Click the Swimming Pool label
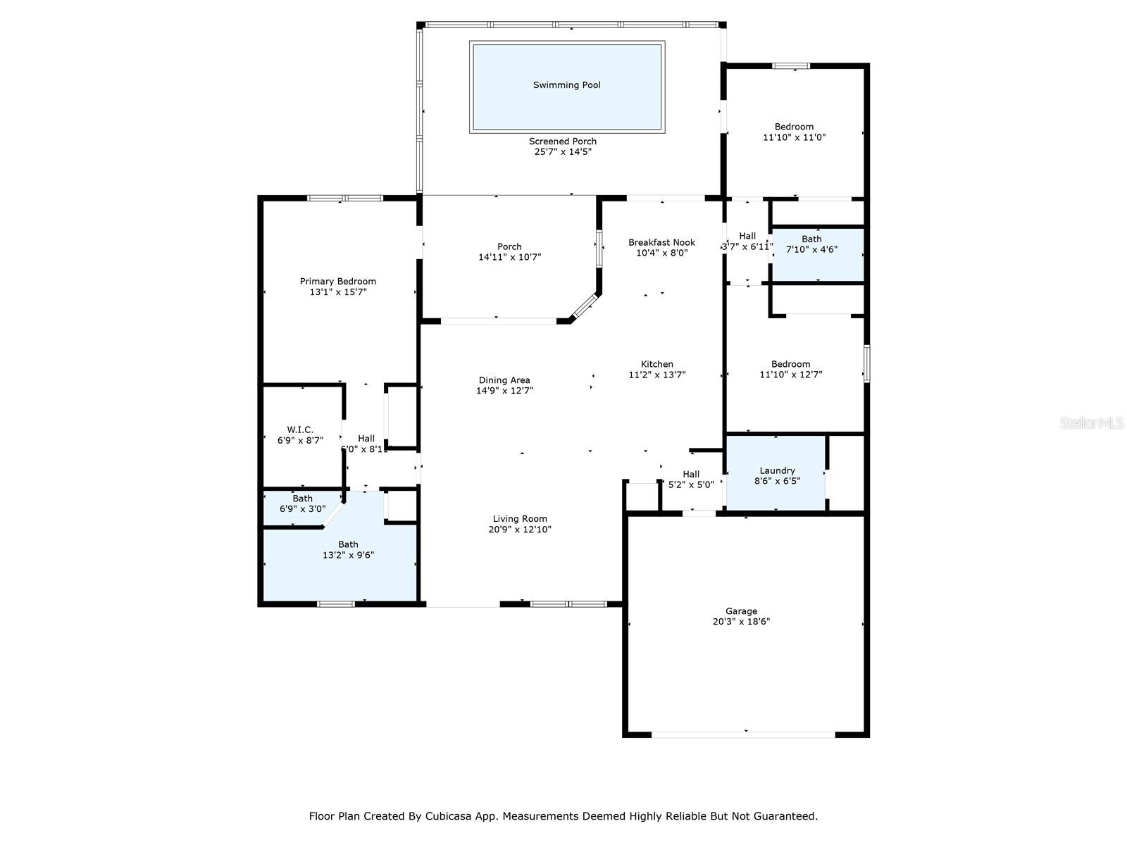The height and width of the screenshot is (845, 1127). tap(566, 85)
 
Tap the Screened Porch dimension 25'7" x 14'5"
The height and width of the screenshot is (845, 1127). tap(563, 152)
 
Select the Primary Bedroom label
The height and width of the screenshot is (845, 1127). tap(338, 281)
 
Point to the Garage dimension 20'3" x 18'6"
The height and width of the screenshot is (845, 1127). tap(741, 621)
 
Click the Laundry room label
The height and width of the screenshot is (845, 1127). tap(777, 470)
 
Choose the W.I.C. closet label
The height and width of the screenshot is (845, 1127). tap(300, 430)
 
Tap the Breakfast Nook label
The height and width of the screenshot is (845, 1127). tap(661, 242)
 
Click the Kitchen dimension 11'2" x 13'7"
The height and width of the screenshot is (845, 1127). tap(656, 375)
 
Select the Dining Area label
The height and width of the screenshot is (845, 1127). tap(504, 380)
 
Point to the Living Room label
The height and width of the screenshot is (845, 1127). tap(520, 519)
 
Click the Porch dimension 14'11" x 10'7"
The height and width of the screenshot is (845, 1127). tap(509, 257)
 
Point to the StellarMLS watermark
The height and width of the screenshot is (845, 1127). tap(1092, 423)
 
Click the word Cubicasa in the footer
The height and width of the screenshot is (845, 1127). tap(448, 815)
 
